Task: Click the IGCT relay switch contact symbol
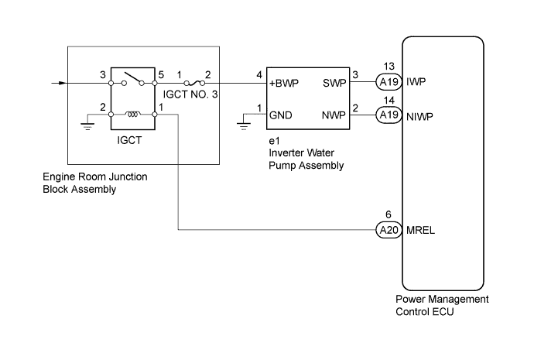pyautogui.click(x=133, y=79)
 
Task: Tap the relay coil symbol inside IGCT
pyautogui.click(x=133, y=114)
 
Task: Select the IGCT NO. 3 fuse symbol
pyautogui.click(x=194, y=83)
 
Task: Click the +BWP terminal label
pyautogui.click(x=284, y=83)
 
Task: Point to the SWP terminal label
pyautogui.click(x=334, y=83)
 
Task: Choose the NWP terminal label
pyautogui.click(x=334, y=115)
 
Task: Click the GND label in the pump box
pyautogui.click(x=281, y=115)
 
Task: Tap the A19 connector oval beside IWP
pyautogui.click(x=389, y=82)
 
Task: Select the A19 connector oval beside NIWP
pyautogui.click(x=389, y=115)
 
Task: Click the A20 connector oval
pyautogui.click(x=389, y=230)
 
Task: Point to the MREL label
pyautogui.click(x=420, y=231)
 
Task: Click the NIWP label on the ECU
pyautogui.click(x=419, y=117)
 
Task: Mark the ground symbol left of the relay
pyautogui.click(x=87, y=126)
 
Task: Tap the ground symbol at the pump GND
pyautogui.click(x=244, y=126)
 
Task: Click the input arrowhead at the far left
pyautogui.click(x=63, y=83)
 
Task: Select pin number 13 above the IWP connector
pyautogui.click(x=389, y=67)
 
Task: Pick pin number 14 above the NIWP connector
pyautogui.click(x=389, y=101)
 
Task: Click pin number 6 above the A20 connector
pyautogui.click(x=389, y=214)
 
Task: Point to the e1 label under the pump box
pyautogui.click(x=274, y=141)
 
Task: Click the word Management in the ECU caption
pyautogui.click(x=455, y=300)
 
